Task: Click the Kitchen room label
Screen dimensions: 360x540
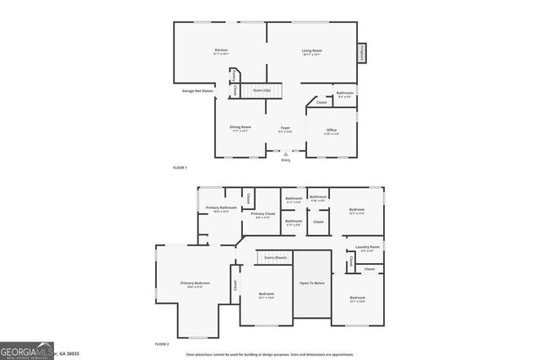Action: pyautogui.click(x=222, y=51)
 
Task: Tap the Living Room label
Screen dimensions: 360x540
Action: pyautogui.click(x=312, y=51)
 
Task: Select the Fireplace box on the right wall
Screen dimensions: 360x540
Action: pyautogui.click(x=361, y=52)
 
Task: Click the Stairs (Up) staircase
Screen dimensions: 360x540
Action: pyautogui.click(x=262, y=89)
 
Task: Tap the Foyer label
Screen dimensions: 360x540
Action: pyautogui.click(x=285, y=127)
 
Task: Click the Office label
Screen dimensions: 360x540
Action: pyautogui.click(x=332, y=130)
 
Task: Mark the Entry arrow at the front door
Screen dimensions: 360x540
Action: pyautogui.click(x=286, y=154)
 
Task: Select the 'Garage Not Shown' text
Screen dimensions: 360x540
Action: pyautogui.click(x=197, y=90)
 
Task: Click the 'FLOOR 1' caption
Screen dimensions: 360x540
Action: pyautogui.click(x=180, y=168)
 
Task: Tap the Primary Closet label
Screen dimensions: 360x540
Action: pyautogui.click(x=263, y=214)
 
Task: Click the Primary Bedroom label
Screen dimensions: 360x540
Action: pyautogui.click(x=195, y=283)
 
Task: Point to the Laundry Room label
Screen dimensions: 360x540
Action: pyautogui.click(x=370, y=247)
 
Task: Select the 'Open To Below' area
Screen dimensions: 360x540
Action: pyautogui.click(x=312, y=282)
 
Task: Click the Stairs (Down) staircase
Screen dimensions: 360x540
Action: pyautogui.click(x=275, y=257)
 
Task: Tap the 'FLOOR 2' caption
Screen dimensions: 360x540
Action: pyautogui.click(x=162, y=345)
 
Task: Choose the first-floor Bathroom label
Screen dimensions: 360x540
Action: pyautogui.click(x=344, y=93)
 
